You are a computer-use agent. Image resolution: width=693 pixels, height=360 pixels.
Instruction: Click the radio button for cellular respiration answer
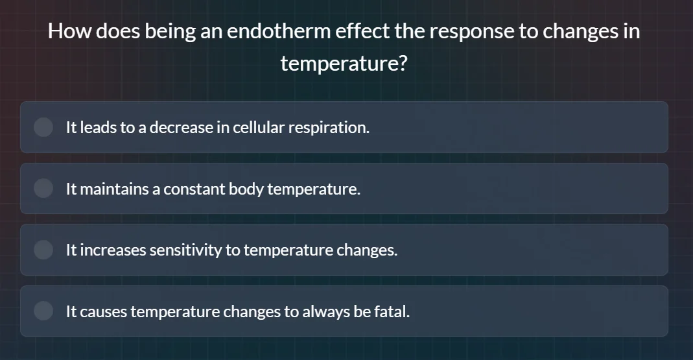coord(43,127)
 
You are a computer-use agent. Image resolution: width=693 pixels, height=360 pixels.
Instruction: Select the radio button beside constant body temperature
coord(43,189)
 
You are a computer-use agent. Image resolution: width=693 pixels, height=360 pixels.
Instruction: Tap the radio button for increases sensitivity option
coord(43,250)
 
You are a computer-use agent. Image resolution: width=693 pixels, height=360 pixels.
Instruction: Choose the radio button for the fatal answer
coord(43,311)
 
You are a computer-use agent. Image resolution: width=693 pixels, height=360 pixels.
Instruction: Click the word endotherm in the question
coord(279,32)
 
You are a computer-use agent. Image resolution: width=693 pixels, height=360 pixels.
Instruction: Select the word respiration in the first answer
coord(329,128)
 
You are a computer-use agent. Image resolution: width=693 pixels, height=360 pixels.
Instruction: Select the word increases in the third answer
coord(113,250)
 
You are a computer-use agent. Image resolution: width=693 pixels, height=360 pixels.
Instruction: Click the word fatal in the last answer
coord(392,312)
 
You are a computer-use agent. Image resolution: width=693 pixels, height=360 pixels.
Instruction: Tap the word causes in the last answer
coord(106,312)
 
